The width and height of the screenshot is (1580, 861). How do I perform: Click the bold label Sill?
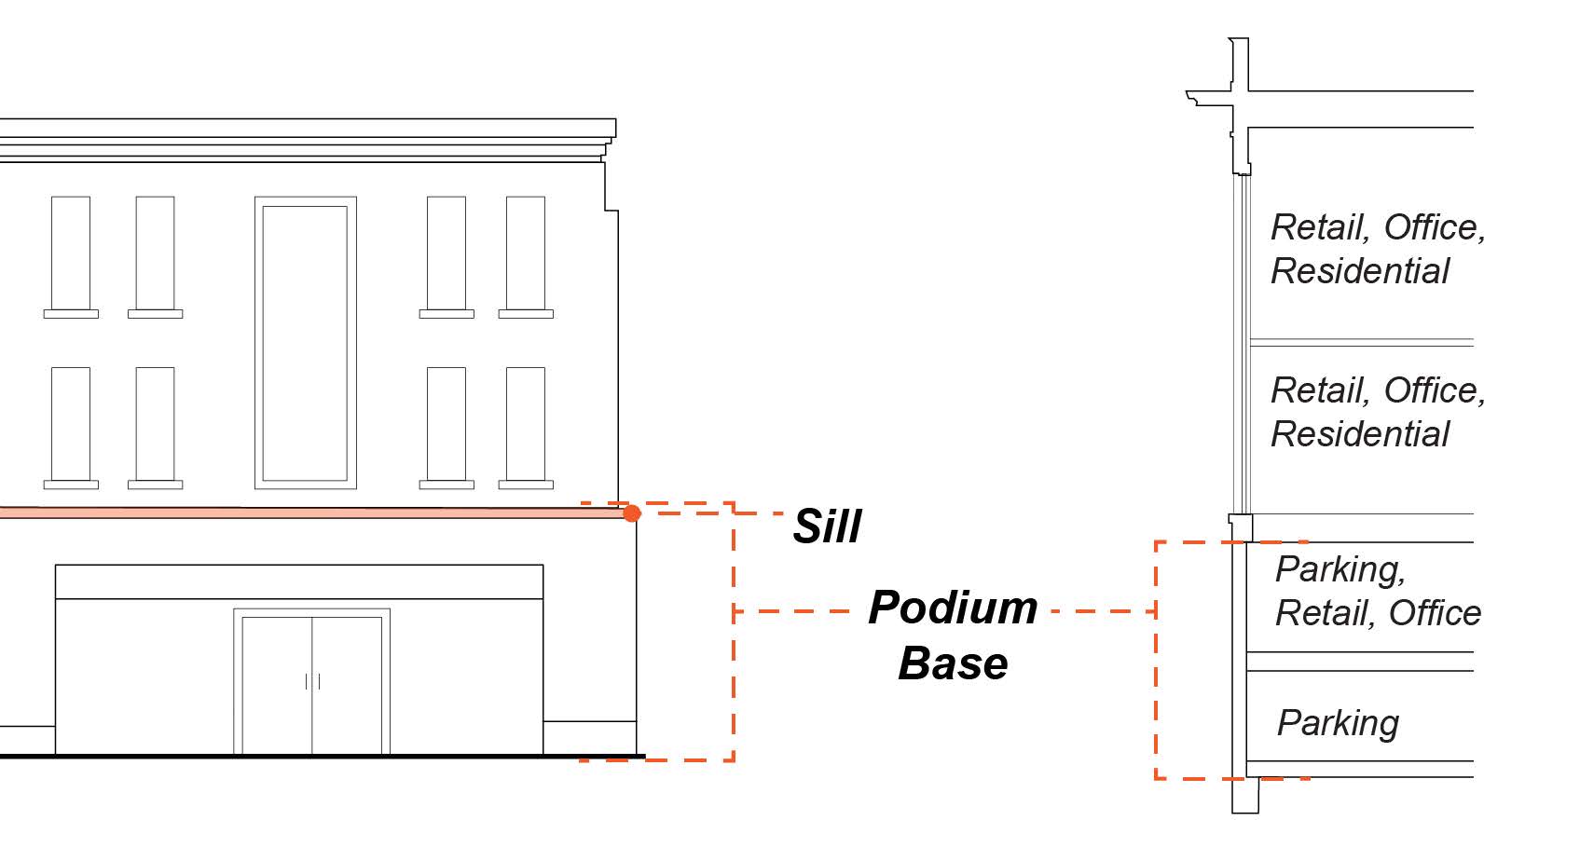click(827, 526)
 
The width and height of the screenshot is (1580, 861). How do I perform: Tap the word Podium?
click(952, 608)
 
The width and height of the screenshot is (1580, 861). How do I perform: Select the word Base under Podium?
click(952, 663)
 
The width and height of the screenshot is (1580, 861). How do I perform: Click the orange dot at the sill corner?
click(632, 513)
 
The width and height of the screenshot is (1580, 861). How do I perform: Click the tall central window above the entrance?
click(305, 342)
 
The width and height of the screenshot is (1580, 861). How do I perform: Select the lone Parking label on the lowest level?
click(1338, 723)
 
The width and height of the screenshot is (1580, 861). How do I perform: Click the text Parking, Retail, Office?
click(1377, 591)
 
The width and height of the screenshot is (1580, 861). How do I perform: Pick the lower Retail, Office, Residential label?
click(1377, 412)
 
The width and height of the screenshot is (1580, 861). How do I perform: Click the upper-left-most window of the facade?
click(71, 253)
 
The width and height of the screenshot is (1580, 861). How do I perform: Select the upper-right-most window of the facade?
click(526, 253)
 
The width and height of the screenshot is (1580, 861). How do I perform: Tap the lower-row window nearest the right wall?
click(526, 424)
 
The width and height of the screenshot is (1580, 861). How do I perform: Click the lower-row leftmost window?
click(71, 424)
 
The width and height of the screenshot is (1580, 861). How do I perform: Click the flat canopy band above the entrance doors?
click(298, 581)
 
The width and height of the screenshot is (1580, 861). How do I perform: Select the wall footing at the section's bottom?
click(1245, 797)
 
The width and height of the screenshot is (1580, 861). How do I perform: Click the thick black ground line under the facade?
click(317, 757)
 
